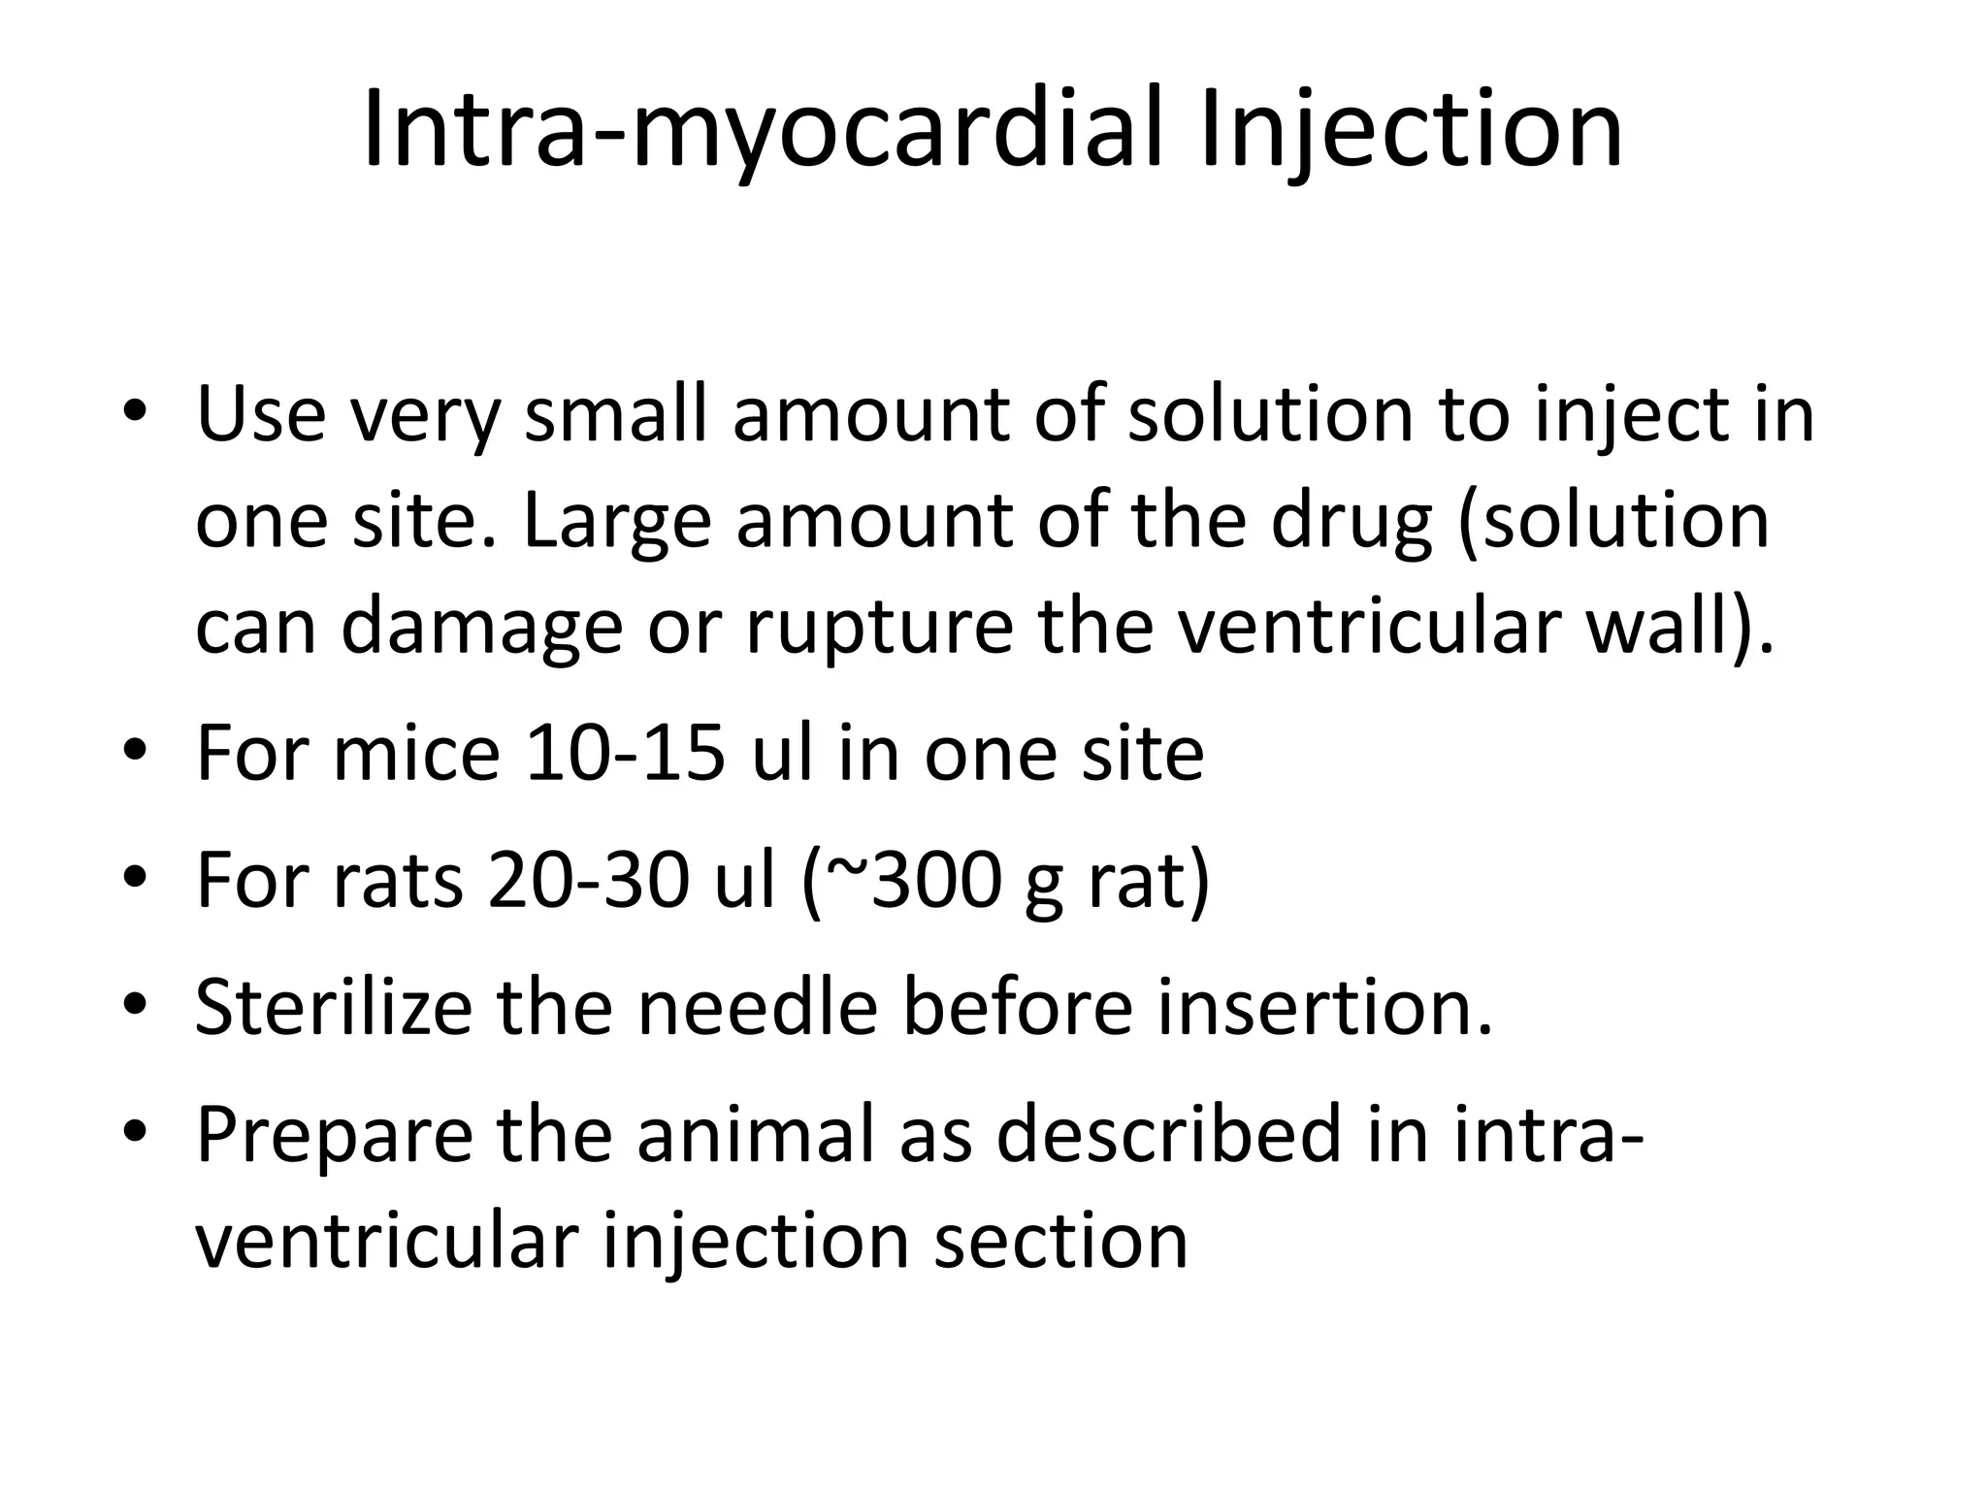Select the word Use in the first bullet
click(x=260, y=415)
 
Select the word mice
click(x=417, y=754)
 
